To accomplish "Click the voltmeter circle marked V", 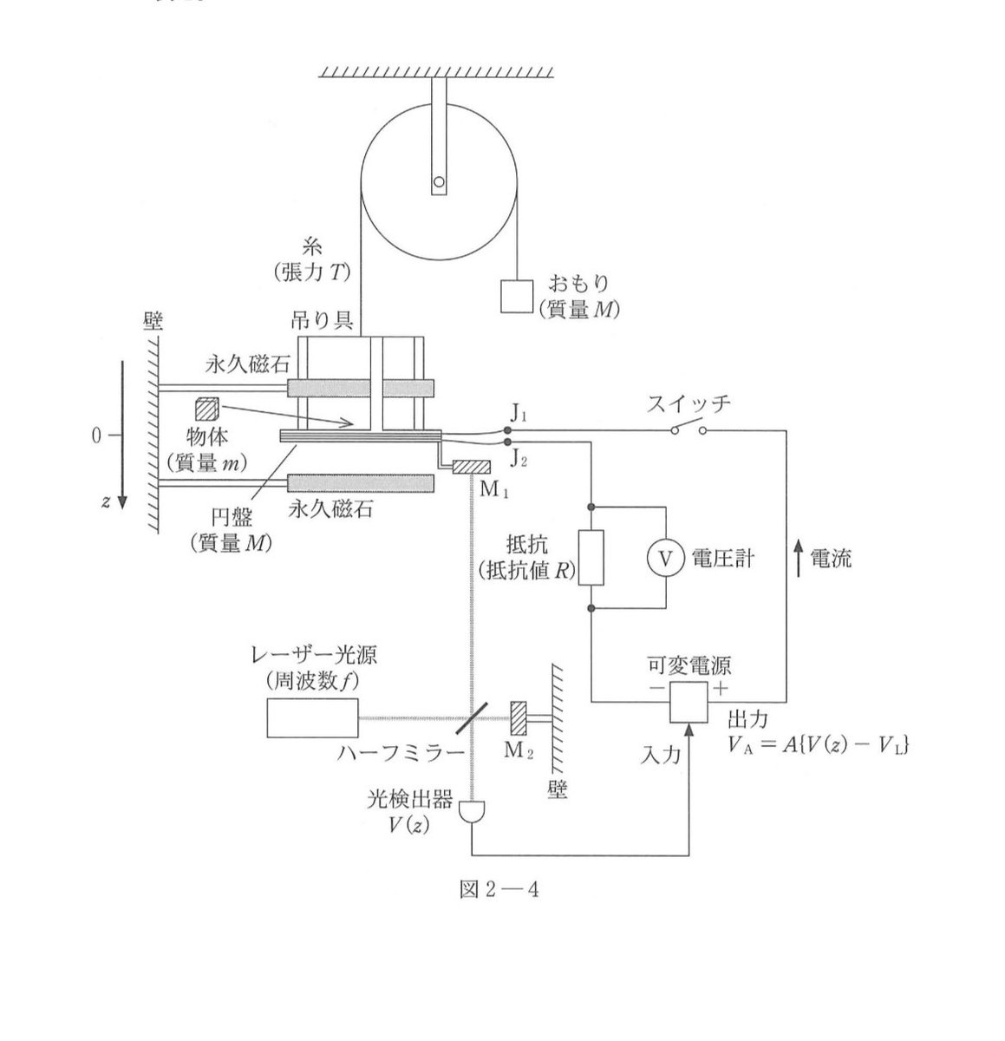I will [x=665, y=559].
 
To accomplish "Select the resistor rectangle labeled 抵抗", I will [x=591, y=558].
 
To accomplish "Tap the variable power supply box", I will [x=690, y=701].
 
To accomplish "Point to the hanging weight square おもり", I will [x=516, y=297].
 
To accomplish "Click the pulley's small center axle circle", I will [x=440, y=183].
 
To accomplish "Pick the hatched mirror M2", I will [x=519, y=717].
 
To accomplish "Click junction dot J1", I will [x=507, y=429].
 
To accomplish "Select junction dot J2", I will [x=507, y=441].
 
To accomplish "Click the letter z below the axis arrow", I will [x=105, y=502].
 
